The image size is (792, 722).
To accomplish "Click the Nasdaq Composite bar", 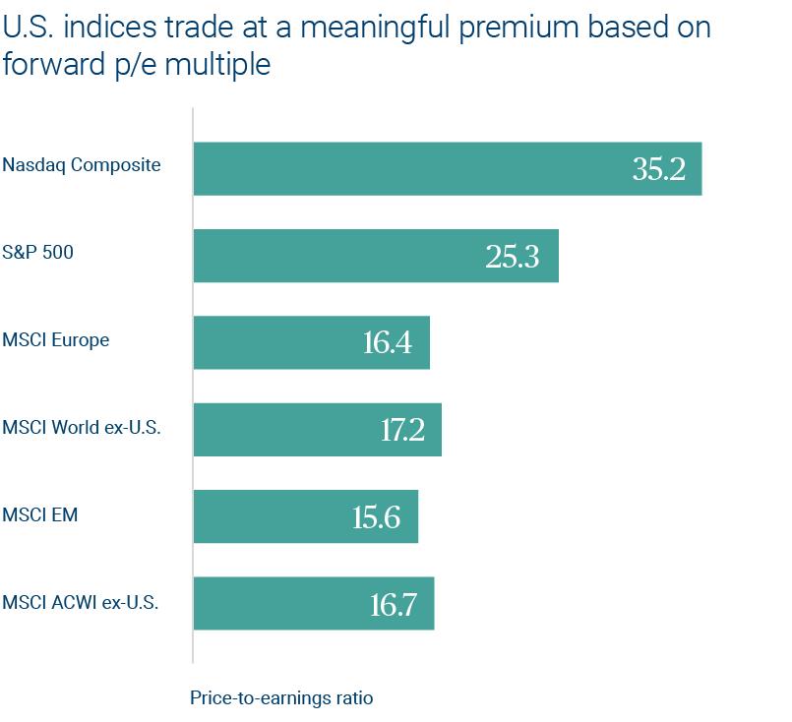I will pos(413,168).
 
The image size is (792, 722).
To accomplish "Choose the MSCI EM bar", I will pos(275,515).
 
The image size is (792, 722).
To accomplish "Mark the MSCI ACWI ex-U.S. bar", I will pos(285,603).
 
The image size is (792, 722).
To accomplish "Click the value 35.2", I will pos(658,169).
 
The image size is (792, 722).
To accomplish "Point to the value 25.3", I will pos(513,256).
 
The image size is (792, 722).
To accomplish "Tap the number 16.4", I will pos(387,343).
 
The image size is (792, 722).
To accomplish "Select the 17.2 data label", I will pos(402,430).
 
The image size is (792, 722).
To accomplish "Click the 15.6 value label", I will pos(376,516).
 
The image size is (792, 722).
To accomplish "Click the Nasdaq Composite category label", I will pos(81,165).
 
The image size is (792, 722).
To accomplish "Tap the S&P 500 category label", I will pos(37,253).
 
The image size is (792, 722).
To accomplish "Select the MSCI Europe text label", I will pos(55,340).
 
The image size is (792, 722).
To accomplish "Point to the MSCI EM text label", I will pos(39,514).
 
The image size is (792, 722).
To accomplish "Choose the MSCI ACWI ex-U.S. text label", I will pos(80,601).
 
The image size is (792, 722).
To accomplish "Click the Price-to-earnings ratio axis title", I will pos(281,698).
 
